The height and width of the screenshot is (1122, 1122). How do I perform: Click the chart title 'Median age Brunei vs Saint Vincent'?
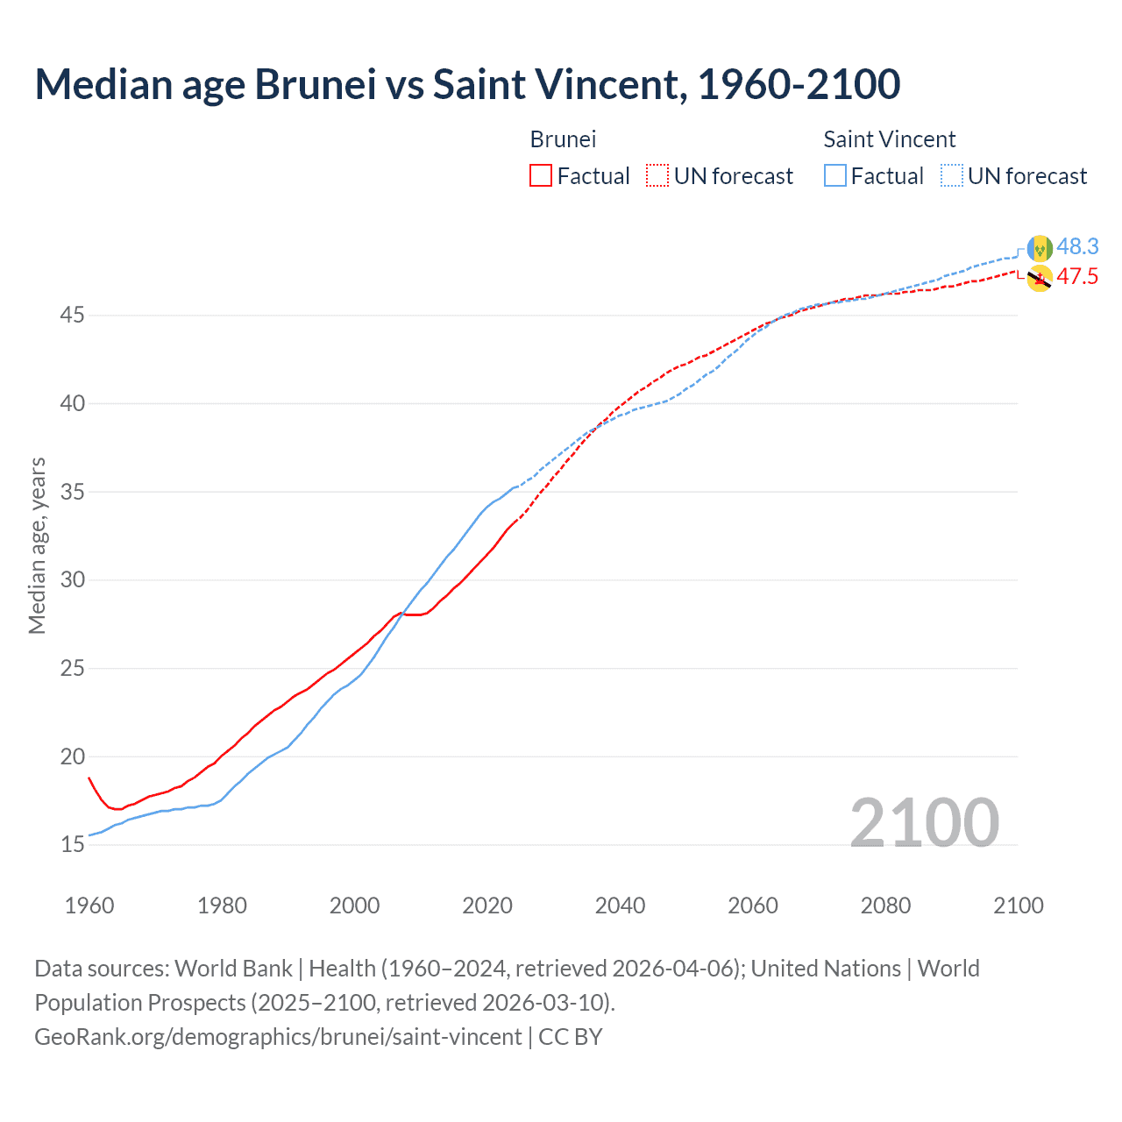click(x=467, y=84)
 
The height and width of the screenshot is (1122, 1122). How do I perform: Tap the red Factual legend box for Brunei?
click(x=541, y=176)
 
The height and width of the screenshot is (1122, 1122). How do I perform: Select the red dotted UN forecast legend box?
click(x=657, y=176)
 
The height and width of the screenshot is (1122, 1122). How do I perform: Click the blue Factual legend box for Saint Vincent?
click(x=835, y=176)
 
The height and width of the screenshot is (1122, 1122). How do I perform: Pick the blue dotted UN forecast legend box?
click(x=952, y=176)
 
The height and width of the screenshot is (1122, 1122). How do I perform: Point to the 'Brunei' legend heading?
click(x=563, y=139)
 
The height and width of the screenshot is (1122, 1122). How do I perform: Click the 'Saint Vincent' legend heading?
click(x=889, y=139)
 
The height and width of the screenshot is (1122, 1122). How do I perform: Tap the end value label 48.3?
click(x=1077, y=246)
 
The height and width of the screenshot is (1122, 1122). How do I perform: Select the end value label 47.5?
click(x=1077, y=277)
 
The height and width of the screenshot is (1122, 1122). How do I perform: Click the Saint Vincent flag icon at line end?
click(x=1040, y=249)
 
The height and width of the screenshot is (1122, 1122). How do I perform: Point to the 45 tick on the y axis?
click(x=72, y=315)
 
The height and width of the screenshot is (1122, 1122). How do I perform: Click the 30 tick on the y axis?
click(x=72, y=579)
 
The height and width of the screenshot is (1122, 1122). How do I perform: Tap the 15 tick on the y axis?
click(x=72, y=844)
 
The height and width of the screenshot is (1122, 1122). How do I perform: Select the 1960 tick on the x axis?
click(x=89, y=905)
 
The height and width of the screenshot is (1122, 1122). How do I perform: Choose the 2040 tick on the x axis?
click(x=620, y=905)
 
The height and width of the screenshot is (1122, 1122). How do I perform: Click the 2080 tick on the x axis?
click(x=885, y=905)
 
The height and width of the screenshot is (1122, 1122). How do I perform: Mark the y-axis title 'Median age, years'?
click(x=37, y=545)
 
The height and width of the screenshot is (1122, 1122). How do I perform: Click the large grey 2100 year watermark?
click(x=924, y=822)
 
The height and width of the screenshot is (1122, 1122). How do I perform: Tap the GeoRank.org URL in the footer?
click(x=278, y=1037)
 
